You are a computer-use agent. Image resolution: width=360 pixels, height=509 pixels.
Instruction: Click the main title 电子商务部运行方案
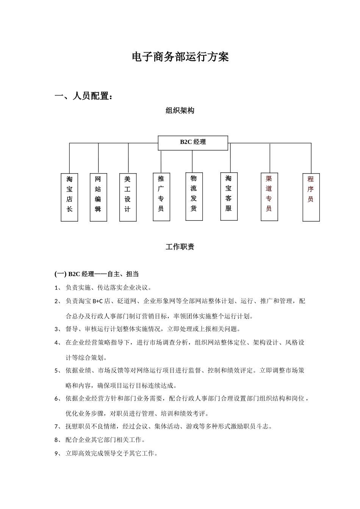180,57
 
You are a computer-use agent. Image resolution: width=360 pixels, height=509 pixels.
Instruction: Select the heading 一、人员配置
84,96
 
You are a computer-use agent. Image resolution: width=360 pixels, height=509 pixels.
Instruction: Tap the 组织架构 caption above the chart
180,111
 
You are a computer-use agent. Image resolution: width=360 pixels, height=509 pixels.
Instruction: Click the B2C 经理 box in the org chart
193,142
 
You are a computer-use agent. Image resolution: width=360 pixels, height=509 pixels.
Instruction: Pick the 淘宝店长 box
69,197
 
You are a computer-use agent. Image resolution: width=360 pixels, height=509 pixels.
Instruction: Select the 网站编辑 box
98,197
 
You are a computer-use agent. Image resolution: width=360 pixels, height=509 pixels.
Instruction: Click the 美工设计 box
128,197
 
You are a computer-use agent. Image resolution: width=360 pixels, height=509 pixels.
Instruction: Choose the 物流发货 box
194,196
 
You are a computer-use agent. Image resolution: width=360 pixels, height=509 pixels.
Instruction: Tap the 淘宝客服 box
229,196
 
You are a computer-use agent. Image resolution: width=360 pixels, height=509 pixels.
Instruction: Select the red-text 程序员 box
311,197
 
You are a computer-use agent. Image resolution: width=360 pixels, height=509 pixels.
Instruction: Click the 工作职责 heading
180,247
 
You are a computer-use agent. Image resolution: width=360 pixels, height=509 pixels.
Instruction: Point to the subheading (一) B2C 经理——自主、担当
97,274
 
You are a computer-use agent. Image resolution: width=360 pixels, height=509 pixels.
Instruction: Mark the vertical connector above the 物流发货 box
193,161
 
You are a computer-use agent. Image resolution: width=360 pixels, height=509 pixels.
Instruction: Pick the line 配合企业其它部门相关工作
105,440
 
